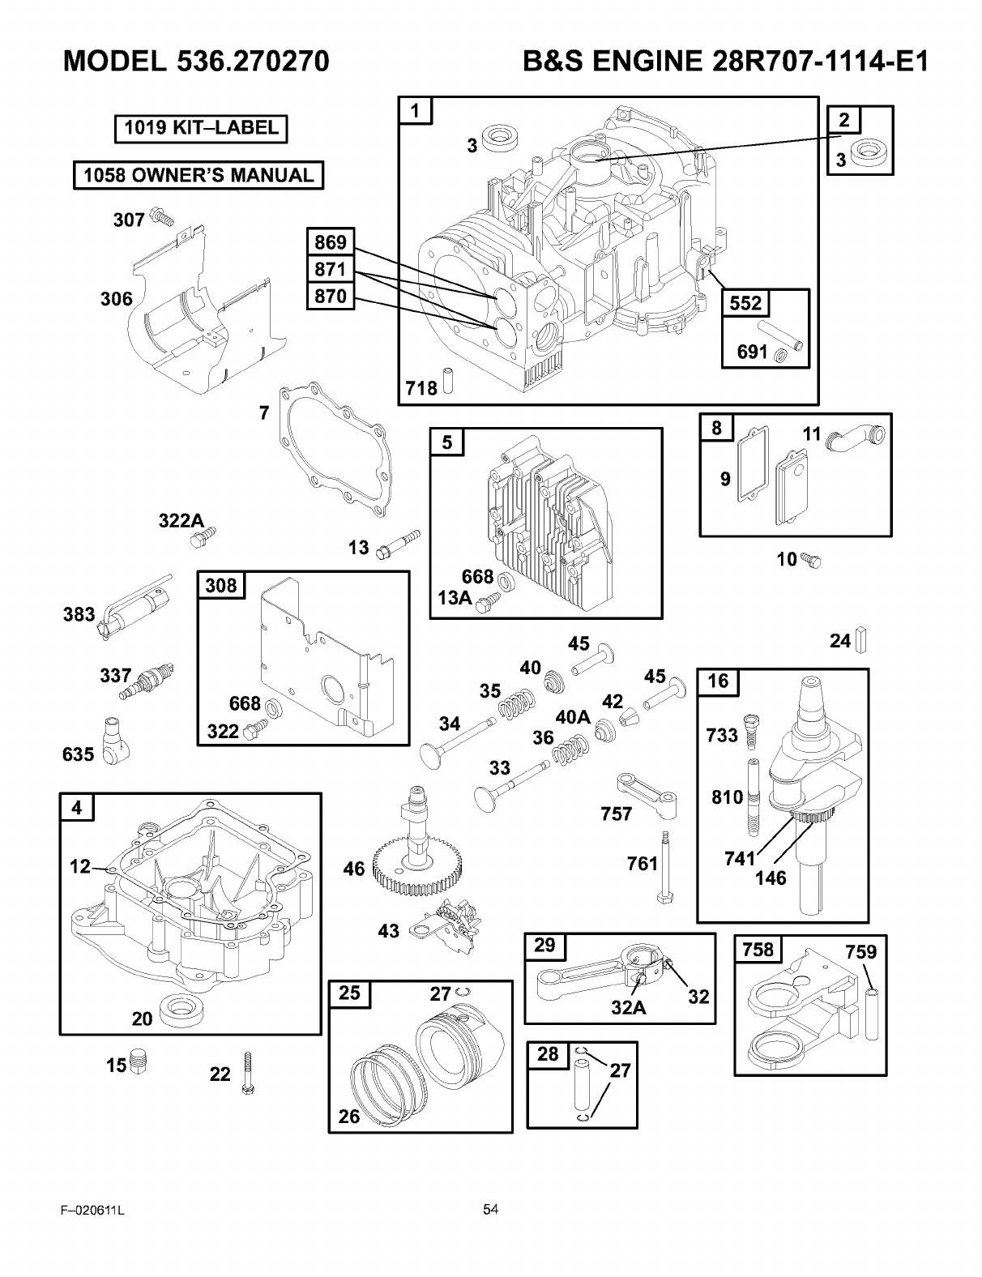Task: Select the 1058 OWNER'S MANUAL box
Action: pyautogui.click(x=198, y=175)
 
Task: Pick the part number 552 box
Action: pyautogui.click(x=745, y=303)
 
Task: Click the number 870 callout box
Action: pyautogui.click(x=331, y=297)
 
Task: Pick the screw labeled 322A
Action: pyautogui.click(x=204, y=538)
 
